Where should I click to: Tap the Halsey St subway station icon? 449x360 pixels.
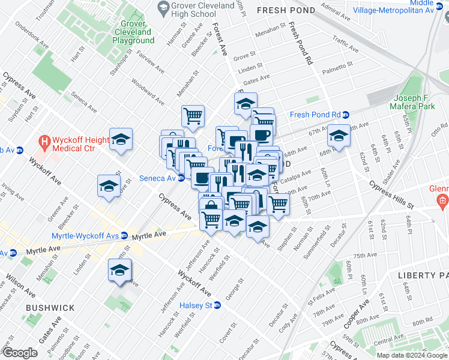coord(217,305)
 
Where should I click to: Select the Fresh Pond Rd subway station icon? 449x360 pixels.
coord(346,115)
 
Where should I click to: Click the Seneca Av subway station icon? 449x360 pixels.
coord(180,178)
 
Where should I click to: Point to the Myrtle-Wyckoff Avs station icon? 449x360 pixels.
coord(124,235)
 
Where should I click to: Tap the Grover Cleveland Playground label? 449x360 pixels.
coord(133,36)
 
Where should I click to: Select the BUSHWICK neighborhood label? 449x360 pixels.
coord(50,308)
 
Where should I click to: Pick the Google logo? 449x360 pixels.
coord(20,353)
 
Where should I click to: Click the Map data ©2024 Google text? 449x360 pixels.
coord(411,355)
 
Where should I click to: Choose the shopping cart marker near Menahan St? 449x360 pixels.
coord(193,116)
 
